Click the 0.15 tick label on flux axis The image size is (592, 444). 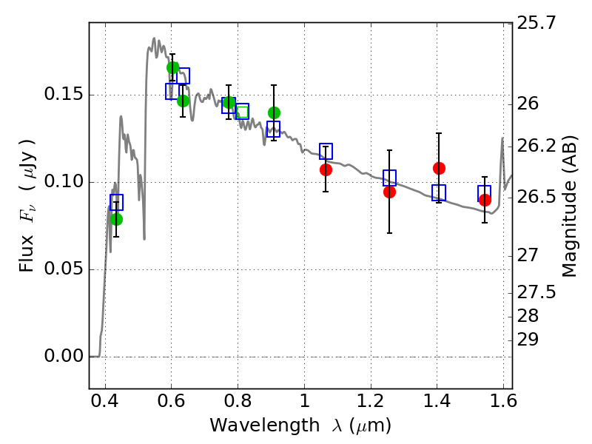click(63, 94)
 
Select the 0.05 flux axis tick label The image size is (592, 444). click(63, 269)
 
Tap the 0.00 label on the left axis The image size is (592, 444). click(63, 356)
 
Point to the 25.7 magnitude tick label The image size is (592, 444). click(536, 23)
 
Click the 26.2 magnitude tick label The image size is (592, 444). click(536, 146)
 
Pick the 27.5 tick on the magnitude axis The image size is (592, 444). click(536, 292)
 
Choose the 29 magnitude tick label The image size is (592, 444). click(528, 340)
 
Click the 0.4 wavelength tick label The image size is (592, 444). click(105, 401)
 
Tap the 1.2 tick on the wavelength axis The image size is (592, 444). click(371, 401)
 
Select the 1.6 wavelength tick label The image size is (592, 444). click(503, 401)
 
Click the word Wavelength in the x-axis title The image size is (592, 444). click(265, 425)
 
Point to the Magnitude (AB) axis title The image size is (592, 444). click(569, 206)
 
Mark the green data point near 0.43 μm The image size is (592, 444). click(116, 219)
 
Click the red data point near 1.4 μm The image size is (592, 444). click(439, 168)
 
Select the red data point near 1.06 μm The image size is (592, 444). click(326, 170)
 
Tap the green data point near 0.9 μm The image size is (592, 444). click(274, 112)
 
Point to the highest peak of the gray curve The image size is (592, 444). click(154, 38)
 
